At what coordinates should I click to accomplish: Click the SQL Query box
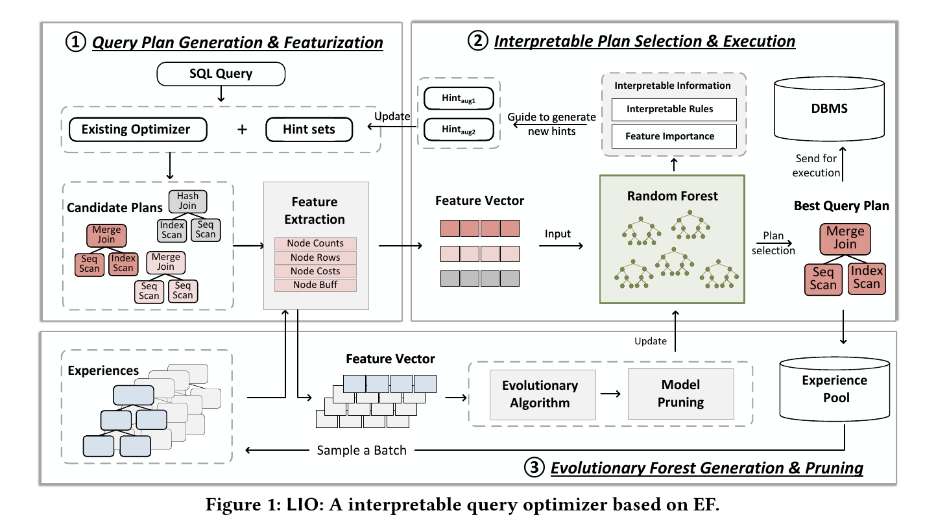pyautogui.click(x=221, y=73)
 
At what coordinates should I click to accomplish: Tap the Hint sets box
pyautogui.click(x=309, y=129)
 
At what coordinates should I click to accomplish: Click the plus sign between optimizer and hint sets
pyautogui.click(x=242, y=129)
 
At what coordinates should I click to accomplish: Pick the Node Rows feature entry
pyautogui.click(x=315, y=257)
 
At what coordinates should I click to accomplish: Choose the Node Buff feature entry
pyautogui.click(x=315, y=285)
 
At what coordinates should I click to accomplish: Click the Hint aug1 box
pyautogui.click(x=458, y=99)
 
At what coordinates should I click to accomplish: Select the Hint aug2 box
pyautogui.click(x=458, y=128)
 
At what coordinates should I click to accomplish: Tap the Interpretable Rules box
pyautogui.click(x=674, y=109)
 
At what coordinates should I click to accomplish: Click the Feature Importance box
pyautogui.click(x=674, y=136)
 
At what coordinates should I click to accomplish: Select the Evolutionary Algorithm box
pyautogui.click(x=540, y=394)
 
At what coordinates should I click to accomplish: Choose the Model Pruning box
pyautogui.click(x=680, y=394)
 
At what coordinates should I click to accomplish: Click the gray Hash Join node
pyautogui.click(x=187, y=200)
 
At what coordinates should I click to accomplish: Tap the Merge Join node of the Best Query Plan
pyautogui.click(x=845, y=238)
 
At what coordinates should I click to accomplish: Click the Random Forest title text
pyautogui.click(x=673, y=196)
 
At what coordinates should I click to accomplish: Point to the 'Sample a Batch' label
pyautogui.click(x=361, y=450)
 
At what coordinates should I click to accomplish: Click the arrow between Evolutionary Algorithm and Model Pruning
pyautogui.click(x=611, y=394)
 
